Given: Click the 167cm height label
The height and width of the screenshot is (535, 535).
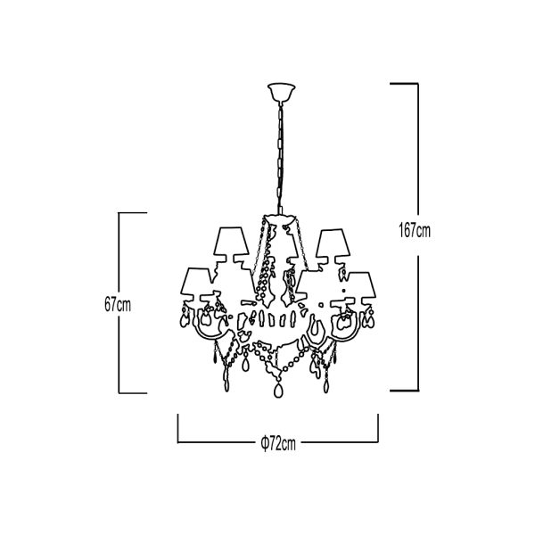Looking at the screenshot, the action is point(415,231).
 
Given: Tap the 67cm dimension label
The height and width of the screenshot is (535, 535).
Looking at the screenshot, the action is point(118,305).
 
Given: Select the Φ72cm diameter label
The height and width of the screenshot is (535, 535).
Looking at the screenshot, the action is point(278,443).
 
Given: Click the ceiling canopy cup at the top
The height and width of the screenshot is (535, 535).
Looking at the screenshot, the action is point(281,93).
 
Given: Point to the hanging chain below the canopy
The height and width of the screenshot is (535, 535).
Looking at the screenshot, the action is point(281,159).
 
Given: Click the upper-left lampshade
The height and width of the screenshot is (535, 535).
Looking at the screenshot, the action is point(232,242).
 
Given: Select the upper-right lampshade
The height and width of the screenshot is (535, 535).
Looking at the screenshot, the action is point(333,243).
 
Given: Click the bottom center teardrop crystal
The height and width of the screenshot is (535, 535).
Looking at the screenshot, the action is point(278,391).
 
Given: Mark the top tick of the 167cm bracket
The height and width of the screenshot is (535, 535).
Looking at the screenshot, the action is point(404,83).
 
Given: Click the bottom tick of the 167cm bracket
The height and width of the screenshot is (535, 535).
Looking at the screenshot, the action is point(404,391).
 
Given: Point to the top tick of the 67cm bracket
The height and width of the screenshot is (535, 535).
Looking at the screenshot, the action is point(133,213).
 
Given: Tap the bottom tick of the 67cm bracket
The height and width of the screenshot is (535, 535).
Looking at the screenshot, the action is point(133,393).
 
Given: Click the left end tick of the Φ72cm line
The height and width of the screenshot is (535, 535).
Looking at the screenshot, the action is point(177,429).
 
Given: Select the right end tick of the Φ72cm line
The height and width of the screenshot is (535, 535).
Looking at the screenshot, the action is point(378,429).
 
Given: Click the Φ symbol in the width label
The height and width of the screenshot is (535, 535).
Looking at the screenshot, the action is point(264,443).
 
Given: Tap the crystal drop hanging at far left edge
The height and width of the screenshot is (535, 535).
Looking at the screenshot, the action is point(185,318).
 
